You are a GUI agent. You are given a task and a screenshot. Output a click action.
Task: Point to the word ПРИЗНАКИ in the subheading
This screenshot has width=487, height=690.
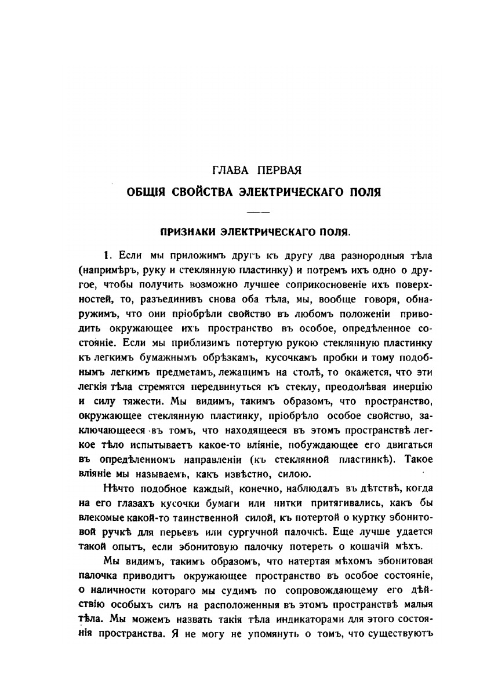pyautogui.click(x=187, y=232)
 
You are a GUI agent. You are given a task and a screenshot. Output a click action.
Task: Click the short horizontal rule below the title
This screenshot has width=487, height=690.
pyautogui.click(x=255, y=210)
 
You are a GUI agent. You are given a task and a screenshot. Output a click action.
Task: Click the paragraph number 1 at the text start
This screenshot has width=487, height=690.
pyautogui.click(x=106, y=255)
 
